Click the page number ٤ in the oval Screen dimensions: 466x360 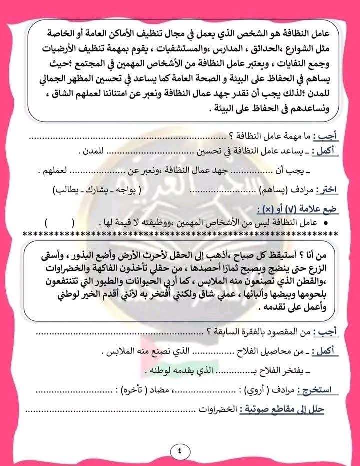[179, 450]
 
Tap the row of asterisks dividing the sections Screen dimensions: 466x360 [180, 234]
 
